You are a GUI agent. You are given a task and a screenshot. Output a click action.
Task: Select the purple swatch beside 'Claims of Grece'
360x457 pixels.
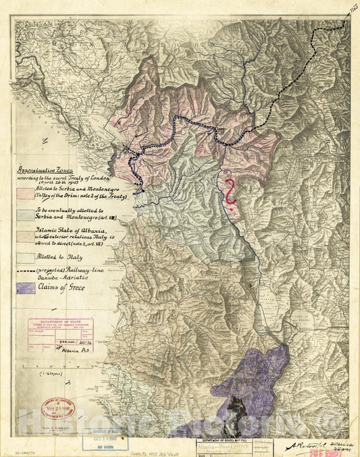tap(24, 288)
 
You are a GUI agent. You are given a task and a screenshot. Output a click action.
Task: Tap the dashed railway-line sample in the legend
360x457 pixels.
tap(24, 271)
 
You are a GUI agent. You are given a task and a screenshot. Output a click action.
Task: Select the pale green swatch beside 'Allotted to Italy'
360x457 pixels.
tap(24, 257)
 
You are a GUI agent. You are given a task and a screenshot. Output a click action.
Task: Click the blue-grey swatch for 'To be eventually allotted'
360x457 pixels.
tap(24, 215)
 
